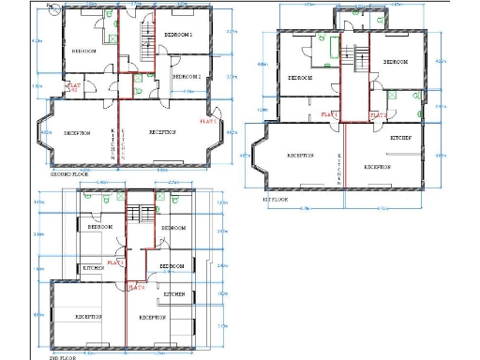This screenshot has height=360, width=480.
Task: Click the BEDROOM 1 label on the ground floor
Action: [178, 35]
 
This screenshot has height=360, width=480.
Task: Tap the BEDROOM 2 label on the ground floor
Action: [188, 75]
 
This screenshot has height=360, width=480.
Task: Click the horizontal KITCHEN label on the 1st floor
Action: [402, 138]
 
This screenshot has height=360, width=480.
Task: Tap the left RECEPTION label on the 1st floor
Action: [300, 155]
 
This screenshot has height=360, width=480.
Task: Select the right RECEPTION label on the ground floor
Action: [163, 132]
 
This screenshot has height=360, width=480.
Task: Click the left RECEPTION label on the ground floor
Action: [77, 133]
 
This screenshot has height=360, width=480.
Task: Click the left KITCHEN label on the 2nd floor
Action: [94, 268]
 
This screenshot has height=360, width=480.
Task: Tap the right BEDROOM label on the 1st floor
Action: [395, 62]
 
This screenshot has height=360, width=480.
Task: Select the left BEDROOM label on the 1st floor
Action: [300, 78]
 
